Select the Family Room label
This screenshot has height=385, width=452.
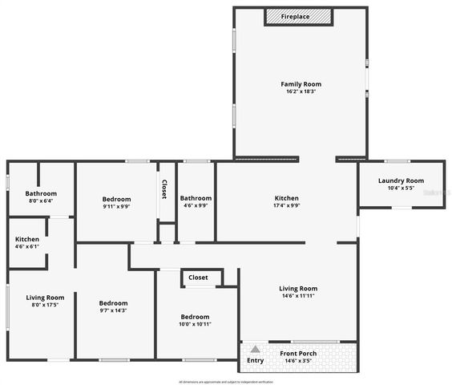point(301,83)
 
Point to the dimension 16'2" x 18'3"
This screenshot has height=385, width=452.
point(301,91)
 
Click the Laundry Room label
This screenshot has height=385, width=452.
point(401,180)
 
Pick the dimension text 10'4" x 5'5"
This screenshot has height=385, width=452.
point(401,188)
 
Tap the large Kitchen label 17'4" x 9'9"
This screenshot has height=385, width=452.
point(287,198)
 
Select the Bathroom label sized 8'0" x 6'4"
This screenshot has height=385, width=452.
point(41,193)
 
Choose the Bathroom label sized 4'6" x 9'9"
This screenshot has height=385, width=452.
point(196,198)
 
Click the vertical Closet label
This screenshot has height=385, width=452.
point(164,188)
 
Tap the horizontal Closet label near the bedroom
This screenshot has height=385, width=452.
point(198,278)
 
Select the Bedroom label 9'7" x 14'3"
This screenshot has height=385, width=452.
point(113,302)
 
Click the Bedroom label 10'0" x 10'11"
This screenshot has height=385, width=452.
point(195,316)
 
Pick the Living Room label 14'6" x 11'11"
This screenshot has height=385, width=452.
point(298,289)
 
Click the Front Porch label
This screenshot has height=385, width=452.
point(297,353)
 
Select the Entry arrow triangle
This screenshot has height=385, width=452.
point(255,350)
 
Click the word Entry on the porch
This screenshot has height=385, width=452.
point(255,360)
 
